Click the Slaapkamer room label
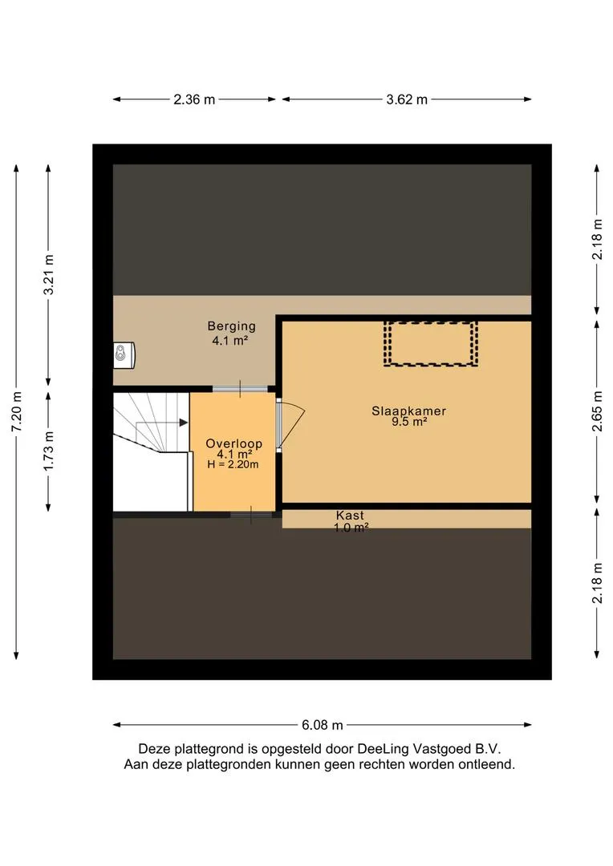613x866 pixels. [408, 411]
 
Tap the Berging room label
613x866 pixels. [232, 326]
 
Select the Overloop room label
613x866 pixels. [233, 443]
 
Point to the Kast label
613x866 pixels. [351, 516]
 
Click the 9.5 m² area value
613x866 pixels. [409, 423]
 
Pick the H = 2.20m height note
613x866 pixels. [233, 464]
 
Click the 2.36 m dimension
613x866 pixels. [194, 99]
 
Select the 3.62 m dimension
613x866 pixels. [407, 99]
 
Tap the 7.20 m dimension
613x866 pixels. [17, 412]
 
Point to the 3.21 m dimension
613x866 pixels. [49, 274]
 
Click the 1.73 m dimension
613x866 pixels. [49, 451]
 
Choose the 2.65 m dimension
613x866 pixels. [597, 411]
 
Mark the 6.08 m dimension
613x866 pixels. [323, 725]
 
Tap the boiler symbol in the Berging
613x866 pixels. [124, 355]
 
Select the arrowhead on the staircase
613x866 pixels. [184, 423]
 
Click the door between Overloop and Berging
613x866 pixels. [240, 389]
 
